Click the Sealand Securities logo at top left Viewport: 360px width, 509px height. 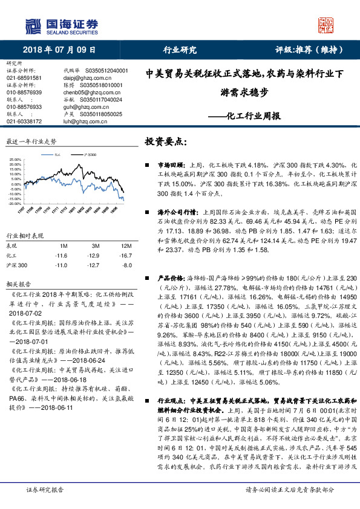point(61,25)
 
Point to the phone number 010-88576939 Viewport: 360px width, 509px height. point(24,92)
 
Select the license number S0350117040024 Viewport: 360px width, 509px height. point(100,99)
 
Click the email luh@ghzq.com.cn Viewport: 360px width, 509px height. point(84,121)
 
